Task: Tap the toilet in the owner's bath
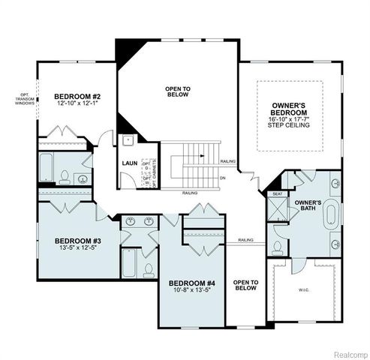click(x=279, y=247)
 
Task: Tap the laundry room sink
click(x=128, y=139)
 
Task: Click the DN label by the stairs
click(x=224, y=178)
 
